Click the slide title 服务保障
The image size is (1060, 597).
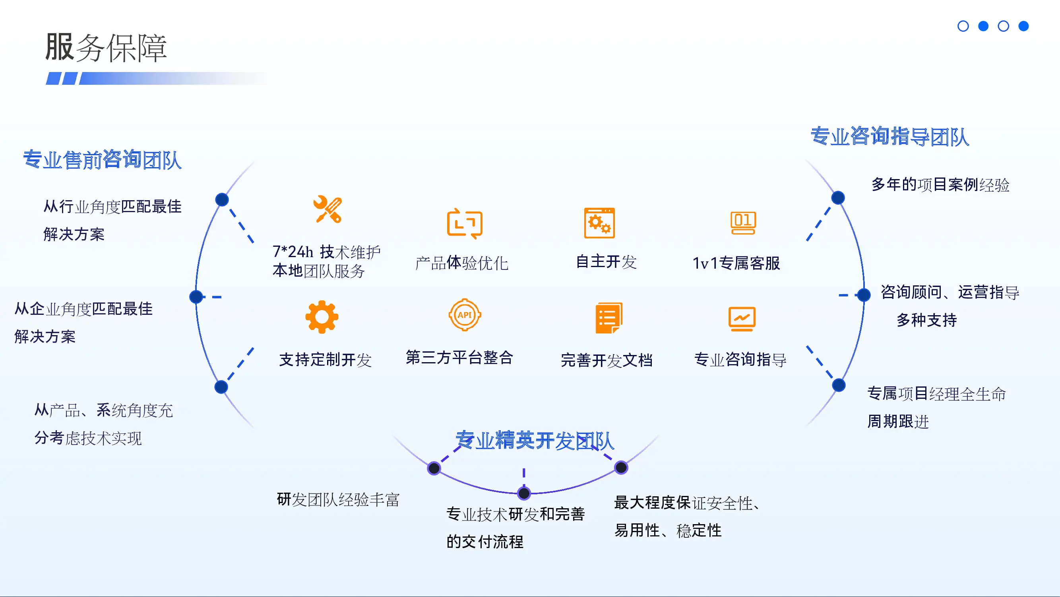106,48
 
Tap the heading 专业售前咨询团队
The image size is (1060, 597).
103,160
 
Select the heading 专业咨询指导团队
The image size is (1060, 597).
889,137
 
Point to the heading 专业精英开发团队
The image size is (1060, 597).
535,441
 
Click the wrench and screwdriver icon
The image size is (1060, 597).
327,210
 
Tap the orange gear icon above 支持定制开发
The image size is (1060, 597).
322,316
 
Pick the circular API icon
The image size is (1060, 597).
465,315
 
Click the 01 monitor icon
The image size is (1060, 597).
743,223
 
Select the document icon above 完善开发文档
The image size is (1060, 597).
608,318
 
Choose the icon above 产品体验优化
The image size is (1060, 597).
465,224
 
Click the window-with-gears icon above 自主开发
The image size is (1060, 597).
599,223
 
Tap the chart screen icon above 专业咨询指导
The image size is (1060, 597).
742,319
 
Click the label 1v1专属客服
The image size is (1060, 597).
736,263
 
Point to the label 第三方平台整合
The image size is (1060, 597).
459,357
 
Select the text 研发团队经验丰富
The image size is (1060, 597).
338,500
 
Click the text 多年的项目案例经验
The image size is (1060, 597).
940,185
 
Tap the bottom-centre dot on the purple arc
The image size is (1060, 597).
524,493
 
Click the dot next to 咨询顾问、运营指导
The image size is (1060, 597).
864,295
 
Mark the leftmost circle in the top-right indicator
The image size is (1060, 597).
963,26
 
